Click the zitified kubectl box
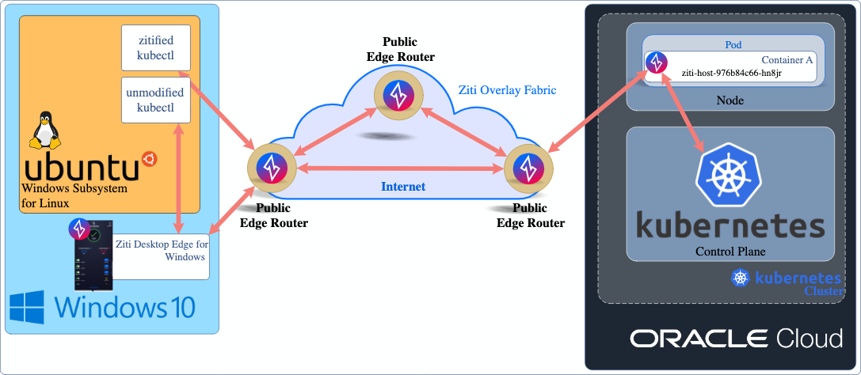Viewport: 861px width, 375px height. coord(156,47)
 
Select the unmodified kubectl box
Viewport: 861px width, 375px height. coord(156,100)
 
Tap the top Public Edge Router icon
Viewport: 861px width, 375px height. coord(396,95)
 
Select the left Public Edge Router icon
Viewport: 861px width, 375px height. coord(271,168)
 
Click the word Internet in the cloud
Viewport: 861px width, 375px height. coord(403,187)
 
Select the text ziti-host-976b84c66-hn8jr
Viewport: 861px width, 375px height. coord(732,72)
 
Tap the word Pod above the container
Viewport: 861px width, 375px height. coord(733,45)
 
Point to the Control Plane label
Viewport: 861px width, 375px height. coord(730,252)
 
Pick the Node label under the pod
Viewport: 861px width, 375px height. coord(730,100)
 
